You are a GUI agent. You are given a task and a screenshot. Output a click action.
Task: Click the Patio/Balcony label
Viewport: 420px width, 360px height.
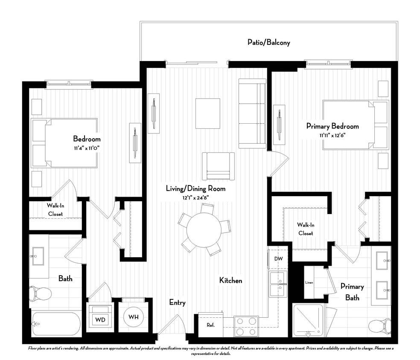point(269,42)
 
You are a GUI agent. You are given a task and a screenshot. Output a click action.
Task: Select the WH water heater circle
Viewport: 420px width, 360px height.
point(133,317)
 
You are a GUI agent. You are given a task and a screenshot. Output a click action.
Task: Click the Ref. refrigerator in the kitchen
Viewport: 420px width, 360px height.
point(210,325)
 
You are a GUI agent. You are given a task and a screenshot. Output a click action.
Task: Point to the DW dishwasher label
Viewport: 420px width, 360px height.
point(278,258)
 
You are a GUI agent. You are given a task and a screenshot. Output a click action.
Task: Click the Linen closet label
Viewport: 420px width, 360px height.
point(309,282)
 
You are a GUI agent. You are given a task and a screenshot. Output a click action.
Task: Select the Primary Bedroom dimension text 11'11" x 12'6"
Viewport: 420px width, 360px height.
point(332,135)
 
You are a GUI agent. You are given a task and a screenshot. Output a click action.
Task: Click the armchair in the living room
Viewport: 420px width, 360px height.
point(218,165)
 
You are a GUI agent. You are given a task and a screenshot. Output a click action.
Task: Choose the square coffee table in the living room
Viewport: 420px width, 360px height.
point(208,113)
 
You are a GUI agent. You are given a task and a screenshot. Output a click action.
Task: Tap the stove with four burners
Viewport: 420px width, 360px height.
point(246,326)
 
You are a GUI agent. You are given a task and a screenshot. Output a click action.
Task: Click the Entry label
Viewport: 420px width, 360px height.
point(177,303)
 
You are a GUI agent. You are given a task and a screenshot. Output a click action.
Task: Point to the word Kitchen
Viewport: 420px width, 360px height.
point(230,280)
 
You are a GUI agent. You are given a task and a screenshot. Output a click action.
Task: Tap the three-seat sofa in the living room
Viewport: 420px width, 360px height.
point(252,113)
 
